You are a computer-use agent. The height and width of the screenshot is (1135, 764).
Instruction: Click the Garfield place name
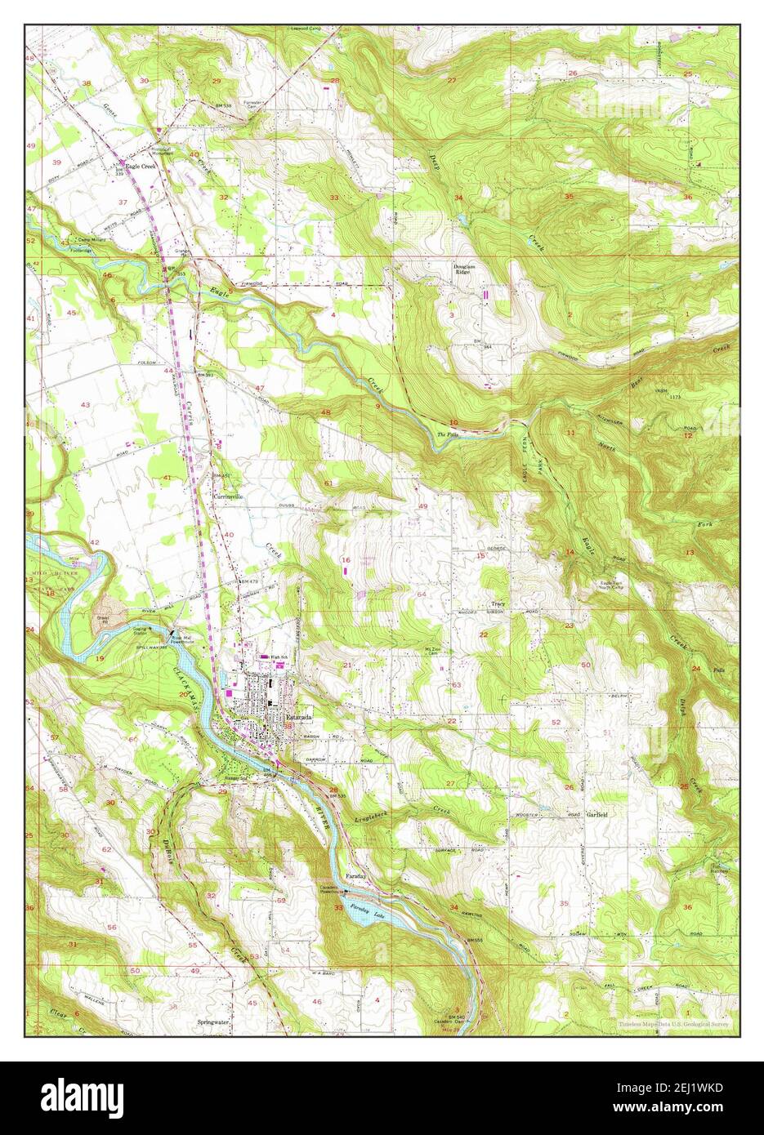pos(599,815)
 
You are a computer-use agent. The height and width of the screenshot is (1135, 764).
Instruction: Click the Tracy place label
pos(498,603)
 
